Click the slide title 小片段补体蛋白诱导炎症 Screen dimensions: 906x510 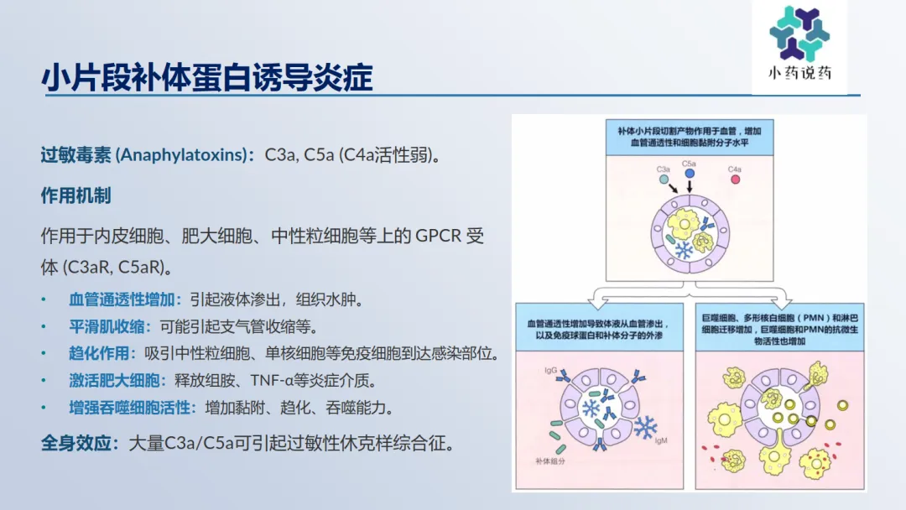click(x=207, y=77)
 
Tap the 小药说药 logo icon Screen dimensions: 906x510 click(x=799, y=34)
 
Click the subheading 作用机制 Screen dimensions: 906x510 click(x=75, y=195)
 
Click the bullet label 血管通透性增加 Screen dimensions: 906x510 click(x=122, y=299)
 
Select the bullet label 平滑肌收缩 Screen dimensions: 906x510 click(x=107, y=327)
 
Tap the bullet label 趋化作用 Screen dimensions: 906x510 click(x=99, y=353)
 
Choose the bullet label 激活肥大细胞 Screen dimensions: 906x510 click(x=114, y=381)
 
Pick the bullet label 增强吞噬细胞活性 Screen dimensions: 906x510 click(x=129, y=408)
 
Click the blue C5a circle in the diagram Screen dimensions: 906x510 click(x=690, y=174)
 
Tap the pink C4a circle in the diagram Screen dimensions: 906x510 click(x=735, y=180)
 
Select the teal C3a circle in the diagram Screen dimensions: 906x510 click(x=664, y=180)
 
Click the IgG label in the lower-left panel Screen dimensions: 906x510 click(x=550, y=370)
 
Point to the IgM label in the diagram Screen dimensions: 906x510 click(x=661, y=440)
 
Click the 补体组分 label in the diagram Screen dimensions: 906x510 click(x=550, y=461)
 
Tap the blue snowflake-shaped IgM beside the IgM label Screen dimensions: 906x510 click(x=645, y=428)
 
